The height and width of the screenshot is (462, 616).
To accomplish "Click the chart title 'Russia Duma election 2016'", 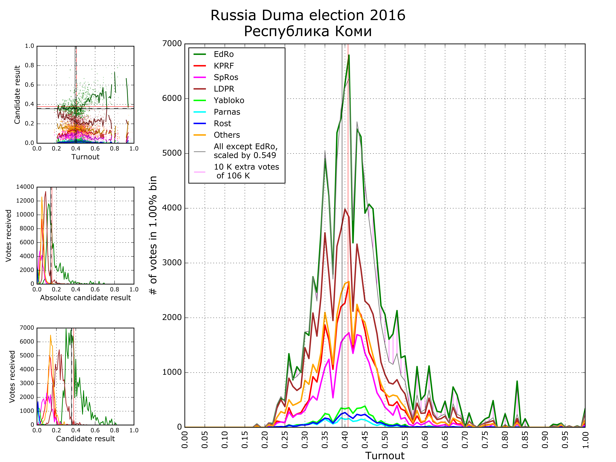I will pos(308,15).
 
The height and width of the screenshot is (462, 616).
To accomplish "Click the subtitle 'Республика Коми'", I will pos(308,31).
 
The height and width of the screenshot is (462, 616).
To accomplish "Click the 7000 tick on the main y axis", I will pos(172,44).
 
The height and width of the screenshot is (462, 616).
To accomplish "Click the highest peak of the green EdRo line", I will pos(349,55).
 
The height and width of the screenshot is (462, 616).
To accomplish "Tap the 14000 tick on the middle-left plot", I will pos(25,187).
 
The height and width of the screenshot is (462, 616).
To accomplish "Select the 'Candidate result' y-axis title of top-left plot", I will pos(17,95).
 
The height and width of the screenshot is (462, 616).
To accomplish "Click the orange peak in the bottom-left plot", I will pos(50,335).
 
